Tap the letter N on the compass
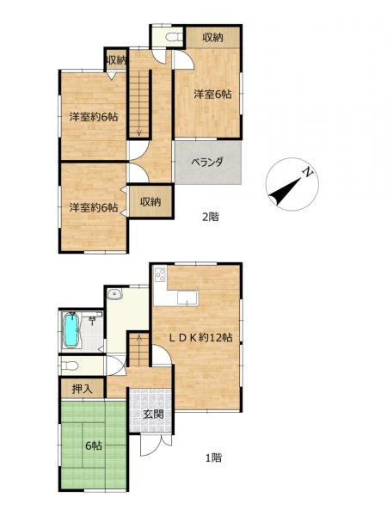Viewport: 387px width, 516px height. [306, 175]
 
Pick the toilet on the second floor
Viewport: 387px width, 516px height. [170, 38]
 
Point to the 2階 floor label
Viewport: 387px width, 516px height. [210, 217]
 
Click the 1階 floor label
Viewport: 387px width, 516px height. [213, 458]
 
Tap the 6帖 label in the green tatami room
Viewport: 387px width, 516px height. [93, 446]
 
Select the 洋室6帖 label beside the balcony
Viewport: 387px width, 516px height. [211, 95]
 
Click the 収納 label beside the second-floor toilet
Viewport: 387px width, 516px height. [214, 37]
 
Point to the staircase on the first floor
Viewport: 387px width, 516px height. [137, 349]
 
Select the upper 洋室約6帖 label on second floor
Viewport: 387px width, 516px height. [94, 117]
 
